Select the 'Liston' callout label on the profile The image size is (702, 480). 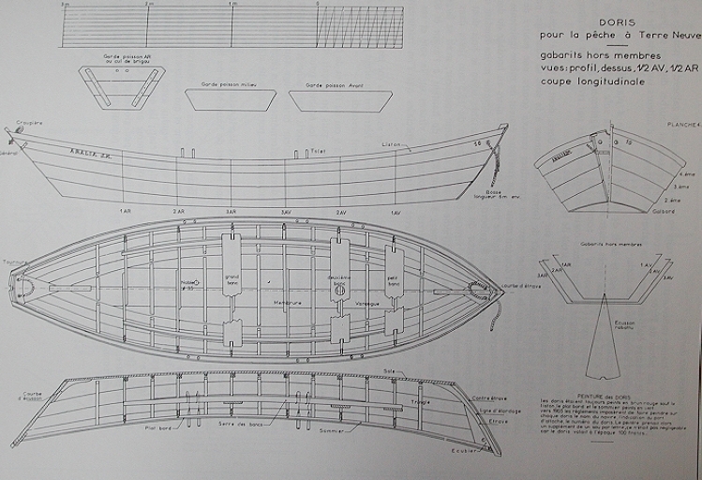(x=391, y=144)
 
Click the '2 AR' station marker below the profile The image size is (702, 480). (x=178, y=212)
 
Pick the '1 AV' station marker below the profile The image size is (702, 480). (x=395, y=212)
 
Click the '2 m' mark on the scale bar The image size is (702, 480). (x=148, y=6)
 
